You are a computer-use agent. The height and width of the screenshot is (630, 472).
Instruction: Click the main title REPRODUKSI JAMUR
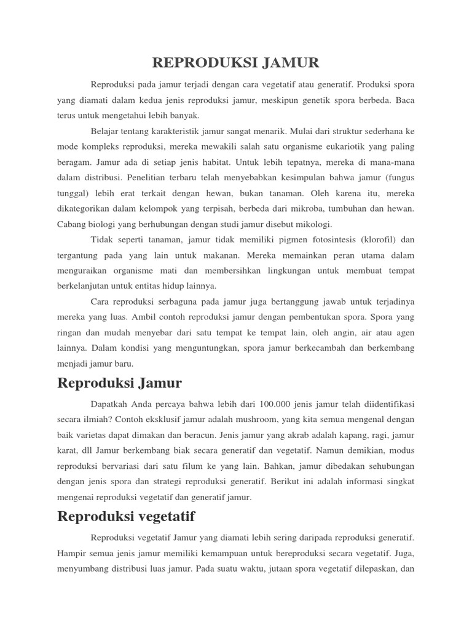coord(236,63)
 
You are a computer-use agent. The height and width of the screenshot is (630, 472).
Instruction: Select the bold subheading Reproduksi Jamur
coord(119,384)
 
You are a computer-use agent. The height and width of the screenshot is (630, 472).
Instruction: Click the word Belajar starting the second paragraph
coord(105,132)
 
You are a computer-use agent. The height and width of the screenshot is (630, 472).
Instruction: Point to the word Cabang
coord(74,225)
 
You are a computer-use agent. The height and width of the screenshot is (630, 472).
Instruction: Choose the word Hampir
coord(73,552)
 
